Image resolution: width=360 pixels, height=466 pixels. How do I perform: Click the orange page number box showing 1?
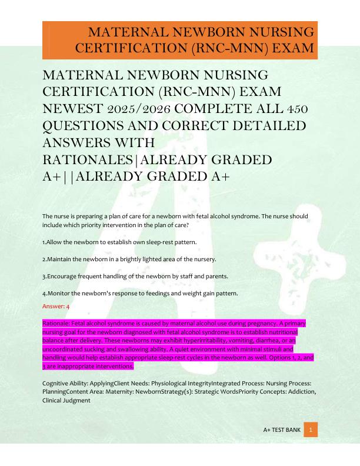coord(311,430)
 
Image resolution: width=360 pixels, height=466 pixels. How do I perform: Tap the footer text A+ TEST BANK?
coord(282,431)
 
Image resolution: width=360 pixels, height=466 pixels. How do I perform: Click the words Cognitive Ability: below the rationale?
coord(65,384)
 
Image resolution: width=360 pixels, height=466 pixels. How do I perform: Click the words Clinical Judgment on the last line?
coord(66,401)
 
